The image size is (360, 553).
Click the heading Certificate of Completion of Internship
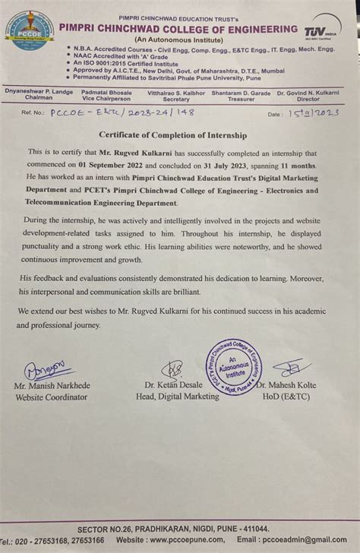tap(179, 135)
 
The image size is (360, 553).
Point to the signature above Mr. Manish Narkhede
tap(46, 370)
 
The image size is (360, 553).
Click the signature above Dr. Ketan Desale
tap(175, 369)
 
